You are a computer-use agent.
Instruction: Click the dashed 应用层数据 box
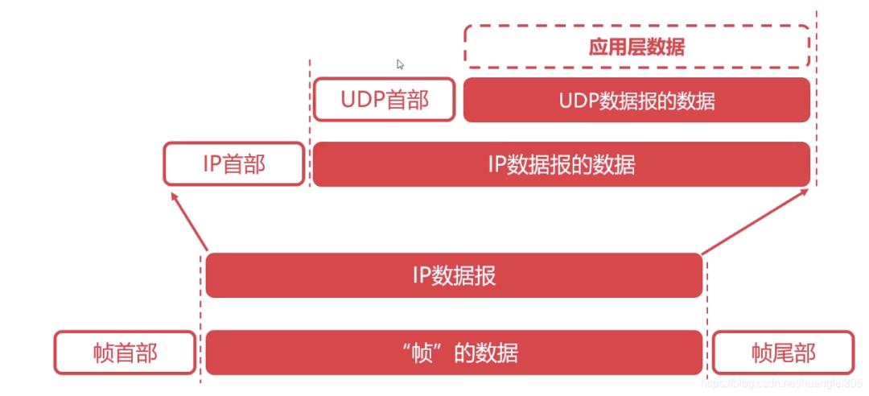(x=636, y=47)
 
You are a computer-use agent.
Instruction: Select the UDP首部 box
(x=384, y=100)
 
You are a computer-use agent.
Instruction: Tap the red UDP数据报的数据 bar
(x=636, y=100)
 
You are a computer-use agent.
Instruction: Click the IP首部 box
(x=233, y=164)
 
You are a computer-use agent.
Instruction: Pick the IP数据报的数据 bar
(x=561, y=164)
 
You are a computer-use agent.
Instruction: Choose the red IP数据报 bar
(x=454, y=275)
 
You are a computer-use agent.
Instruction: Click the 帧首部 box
(x=125, y=353)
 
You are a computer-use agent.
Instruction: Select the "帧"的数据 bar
(x=454, y=353)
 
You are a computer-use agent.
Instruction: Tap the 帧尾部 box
(x=783, y=353)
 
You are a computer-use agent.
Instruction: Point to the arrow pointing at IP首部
(x=187, y=219)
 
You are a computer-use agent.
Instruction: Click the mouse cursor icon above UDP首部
(x=400, y=64)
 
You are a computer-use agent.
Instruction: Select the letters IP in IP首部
(x=212, y=164)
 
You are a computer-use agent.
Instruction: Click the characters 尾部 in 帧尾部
(x=794, y=353)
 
